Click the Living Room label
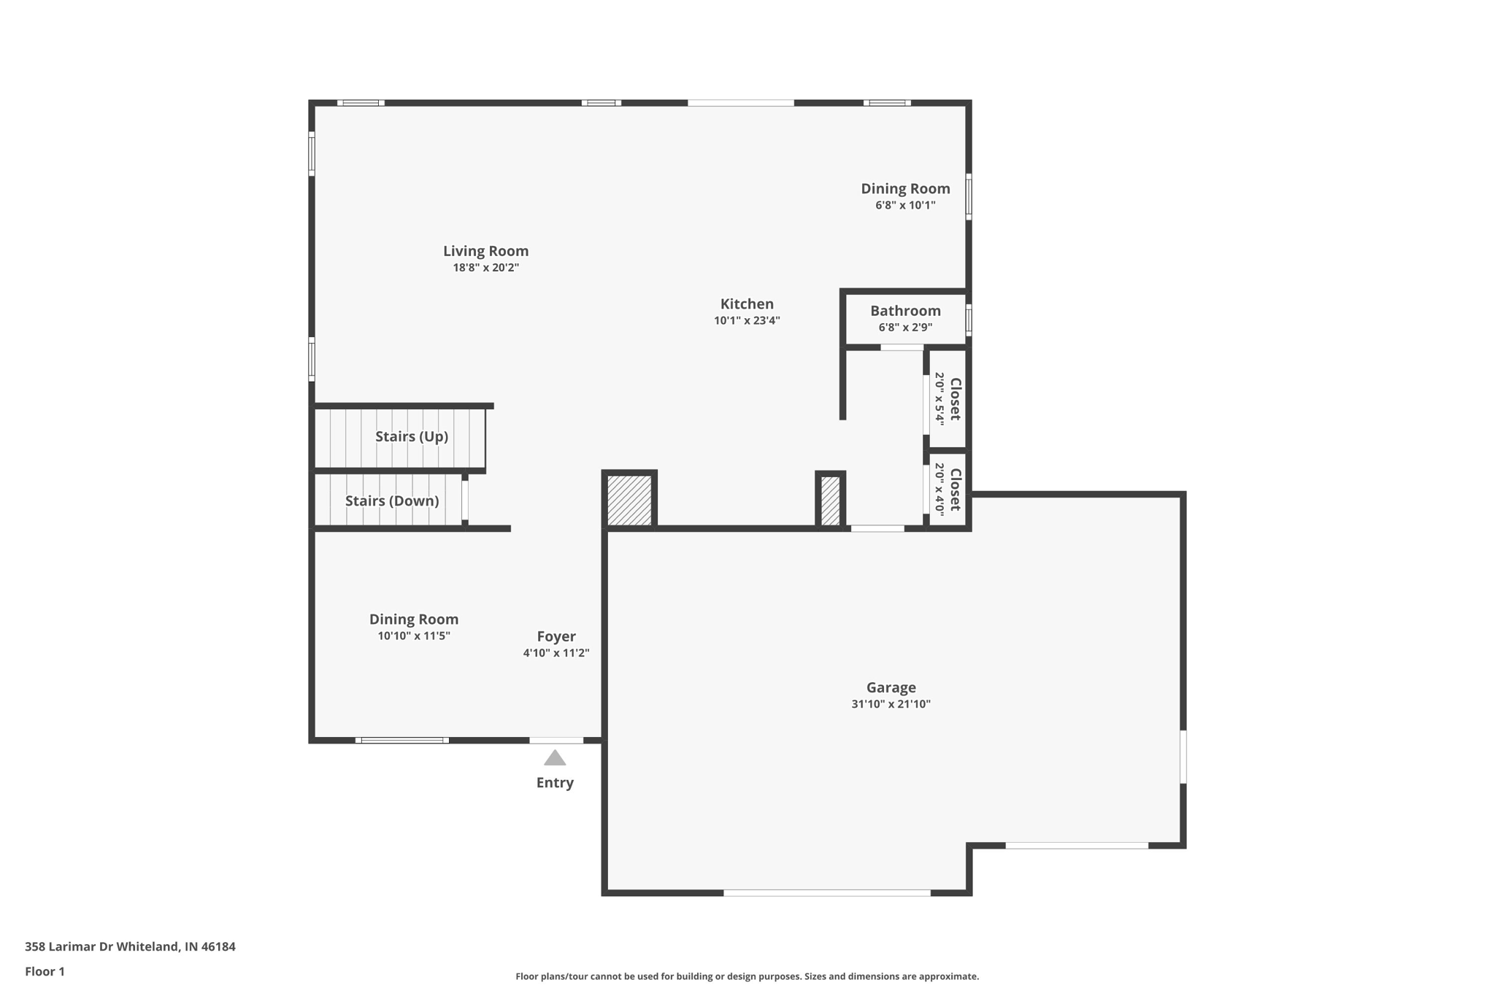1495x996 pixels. tap(485, 251)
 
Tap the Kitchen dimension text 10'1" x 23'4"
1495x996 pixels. tap(747, 320)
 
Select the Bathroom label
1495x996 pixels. tap(905, 311)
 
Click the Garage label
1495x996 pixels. tap(891, 687)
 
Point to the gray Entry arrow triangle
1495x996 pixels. tap(555, 759)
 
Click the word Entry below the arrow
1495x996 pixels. tap(555, 783)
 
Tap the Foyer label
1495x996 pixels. tap(556, 636)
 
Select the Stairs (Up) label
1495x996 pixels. tap(412, 436)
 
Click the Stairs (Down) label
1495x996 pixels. tap(392, 501)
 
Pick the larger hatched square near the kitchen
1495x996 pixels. tap(629, 500)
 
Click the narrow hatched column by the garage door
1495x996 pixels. tap(831, 501)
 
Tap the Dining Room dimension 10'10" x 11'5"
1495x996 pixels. tap(414, 636)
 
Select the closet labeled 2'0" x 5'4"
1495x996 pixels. tap(948, 399)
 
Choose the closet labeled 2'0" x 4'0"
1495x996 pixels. tap(948, 490)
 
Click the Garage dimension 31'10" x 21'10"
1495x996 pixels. tap(891, 704)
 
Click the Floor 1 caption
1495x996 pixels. tap(45, 971)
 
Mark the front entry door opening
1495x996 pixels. tap(556, 741)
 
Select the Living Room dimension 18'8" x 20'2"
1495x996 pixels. tap(485, 268)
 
